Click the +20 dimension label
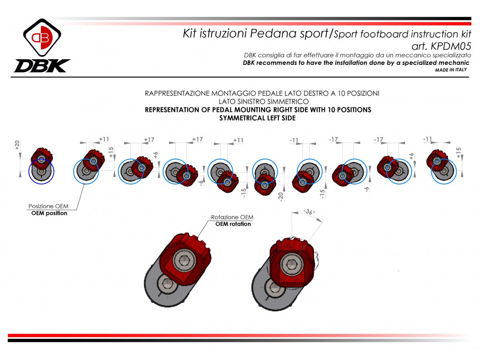pyautogui.click(x=17, y=145)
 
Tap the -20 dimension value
pyautogui.click(x=281, y=196)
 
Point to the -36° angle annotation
pyautogui.click(x=308, y=212)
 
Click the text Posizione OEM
pyautogui.click(x=48, y=206)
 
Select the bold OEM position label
pyautogui.click(x=49, y=213)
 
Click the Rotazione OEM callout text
pyautogui.click(x=232, y=217)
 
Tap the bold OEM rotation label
pyautogui.click(x=233, y=224)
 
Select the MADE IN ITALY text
pyautogui.click(x=450, y=70)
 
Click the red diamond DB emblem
pyautogui.click(x=42, y=38)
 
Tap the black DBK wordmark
pyautogui.click(x=42, y=66)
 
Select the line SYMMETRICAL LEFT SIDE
pyautogui.click(x=258, y=118)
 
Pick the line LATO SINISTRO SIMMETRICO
pyautogui.click(x=263, y=102)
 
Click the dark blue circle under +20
pyautogui.click(x=40, y=171)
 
